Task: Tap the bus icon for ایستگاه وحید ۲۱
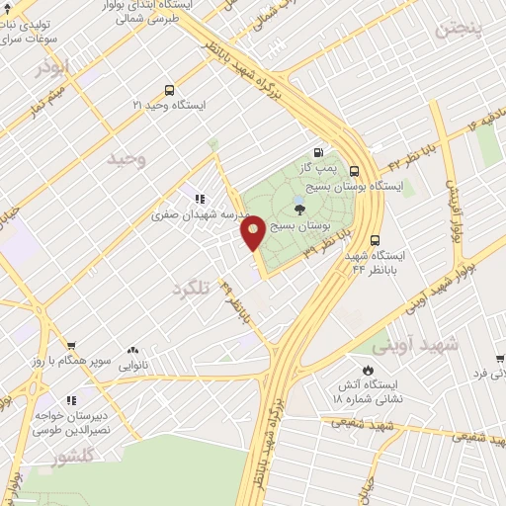tap(170, 89)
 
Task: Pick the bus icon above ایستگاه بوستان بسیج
tap(381, 169)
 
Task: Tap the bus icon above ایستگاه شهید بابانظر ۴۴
tap(375, 239)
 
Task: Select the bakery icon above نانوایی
tap(133, 350)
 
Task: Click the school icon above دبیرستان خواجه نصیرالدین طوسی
tap(70, 400)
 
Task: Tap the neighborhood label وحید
tap(126, 159)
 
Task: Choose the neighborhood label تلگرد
tap(191, 288)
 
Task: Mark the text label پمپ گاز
tap(321, 168)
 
